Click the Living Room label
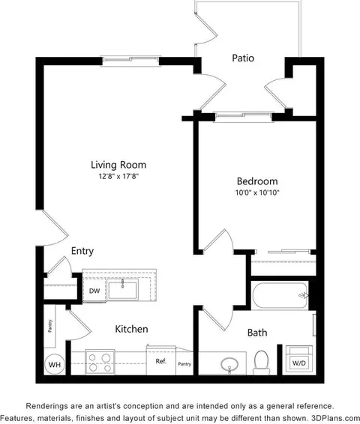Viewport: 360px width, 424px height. pos(118,165)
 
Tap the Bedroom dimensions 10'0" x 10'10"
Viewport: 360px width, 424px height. pos(257,193)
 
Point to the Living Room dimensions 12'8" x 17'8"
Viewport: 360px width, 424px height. pos(118,176)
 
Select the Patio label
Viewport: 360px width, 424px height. pos(243,58)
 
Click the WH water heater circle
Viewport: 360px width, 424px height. pos(55,364)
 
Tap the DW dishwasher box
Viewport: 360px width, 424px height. pos(94,291)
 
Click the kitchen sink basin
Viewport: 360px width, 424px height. pos(122,290)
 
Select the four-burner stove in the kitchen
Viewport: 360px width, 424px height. pos(100,362)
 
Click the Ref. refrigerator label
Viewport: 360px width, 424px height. pos(161,361)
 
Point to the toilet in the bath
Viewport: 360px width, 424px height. pos(262,363)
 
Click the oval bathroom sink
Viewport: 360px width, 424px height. pos(229,365)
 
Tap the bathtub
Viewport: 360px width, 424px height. pos(280,296)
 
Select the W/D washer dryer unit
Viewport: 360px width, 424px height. pos(299,359)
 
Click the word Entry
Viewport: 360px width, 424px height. pos(82,251)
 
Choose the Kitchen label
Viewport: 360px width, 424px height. pos(131,329)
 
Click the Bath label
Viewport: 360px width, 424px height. pos(257,333)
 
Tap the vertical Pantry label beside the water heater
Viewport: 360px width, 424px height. pos(50,326)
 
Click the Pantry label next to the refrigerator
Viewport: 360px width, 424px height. pos(184,364)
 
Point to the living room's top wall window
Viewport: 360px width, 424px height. pos(130,61)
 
